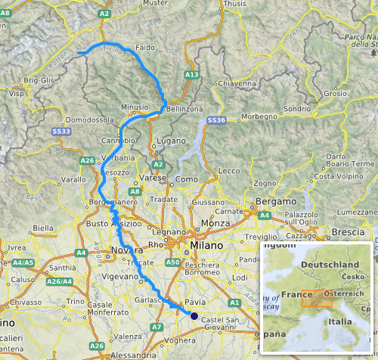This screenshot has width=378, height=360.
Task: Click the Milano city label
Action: pyautogui.click(x=206, y=247)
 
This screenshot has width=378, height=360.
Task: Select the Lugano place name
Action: pyautogui.click(x=171, y=142)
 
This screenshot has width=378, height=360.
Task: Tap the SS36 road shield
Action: pyautogui.click(x=216, y=120)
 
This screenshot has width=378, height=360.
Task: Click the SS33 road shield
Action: pyautogui.click(x=61, y=132)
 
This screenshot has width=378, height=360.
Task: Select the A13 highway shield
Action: pyautogui.click(x=191, y=76)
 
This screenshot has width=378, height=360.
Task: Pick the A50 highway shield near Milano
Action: pyautogui.click(x=172, y=262)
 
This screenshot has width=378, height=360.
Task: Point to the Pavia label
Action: pyautogui.click(x=195, y=302)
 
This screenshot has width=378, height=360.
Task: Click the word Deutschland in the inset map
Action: pyautogui.click(x=329, y=264)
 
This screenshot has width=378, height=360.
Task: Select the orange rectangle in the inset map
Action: pyautogui.click(x=316, y=299)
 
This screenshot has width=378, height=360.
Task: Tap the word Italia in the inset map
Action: pyautogui.click(x=341, y=321)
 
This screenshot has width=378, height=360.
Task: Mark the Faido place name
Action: pyautogui.click(x=145, y=48)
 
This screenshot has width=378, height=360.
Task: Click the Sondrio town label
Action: pyautogui.click(x=297, y=109)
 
